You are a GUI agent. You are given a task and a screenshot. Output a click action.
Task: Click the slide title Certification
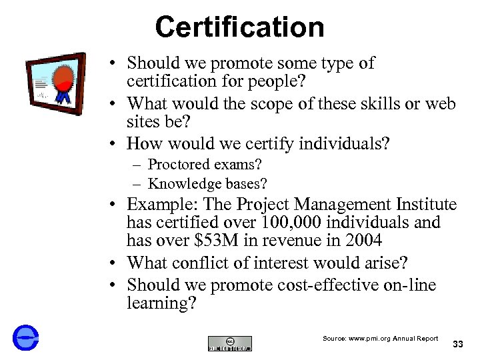(239, 27)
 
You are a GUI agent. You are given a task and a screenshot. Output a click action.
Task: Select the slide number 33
(457, 344)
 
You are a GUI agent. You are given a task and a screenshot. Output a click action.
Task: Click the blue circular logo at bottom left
(25, 338)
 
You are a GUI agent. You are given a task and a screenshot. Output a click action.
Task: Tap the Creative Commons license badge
(230, 343)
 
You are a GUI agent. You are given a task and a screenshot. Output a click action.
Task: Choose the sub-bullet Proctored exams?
(205, 164)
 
